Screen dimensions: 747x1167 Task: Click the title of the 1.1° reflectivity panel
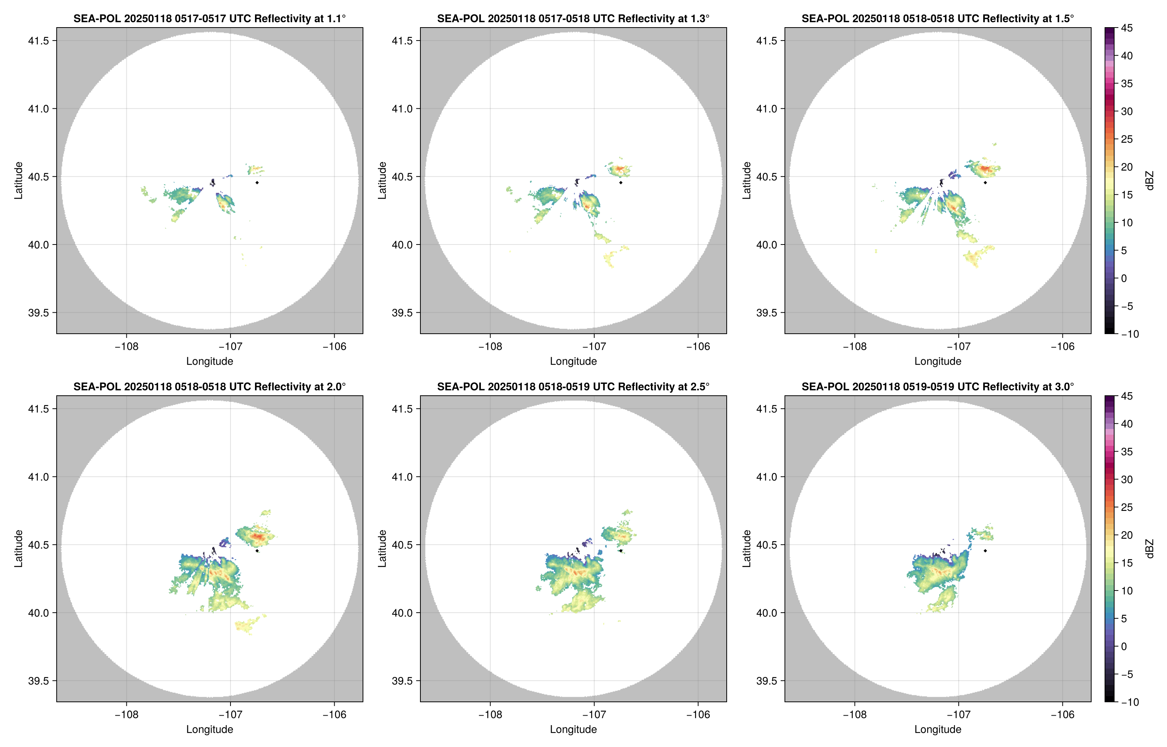point(209,18)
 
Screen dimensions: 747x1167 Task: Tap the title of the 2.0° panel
point(209,387)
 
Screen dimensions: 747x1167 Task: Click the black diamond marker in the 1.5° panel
point(985,183)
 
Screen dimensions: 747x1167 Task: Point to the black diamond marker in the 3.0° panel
point(985,551)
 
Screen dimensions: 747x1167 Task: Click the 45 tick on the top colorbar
point(1126,28)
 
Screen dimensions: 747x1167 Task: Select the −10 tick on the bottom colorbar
point(1129,702)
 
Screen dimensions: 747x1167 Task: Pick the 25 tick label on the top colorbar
point(1126,139)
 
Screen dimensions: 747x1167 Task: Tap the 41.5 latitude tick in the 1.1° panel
point(38,41)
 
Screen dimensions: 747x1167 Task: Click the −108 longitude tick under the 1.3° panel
point(490,347)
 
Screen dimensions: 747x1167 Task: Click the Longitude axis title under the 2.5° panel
point(573,729)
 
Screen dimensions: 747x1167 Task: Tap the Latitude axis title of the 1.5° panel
point(746,181)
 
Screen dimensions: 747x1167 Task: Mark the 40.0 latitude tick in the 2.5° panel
point(402,613)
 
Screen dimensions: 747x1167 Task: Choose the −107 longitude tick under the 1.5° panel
point(958,347)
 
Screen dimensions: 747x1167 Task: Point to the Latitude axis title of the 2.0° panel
point(18,549)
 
